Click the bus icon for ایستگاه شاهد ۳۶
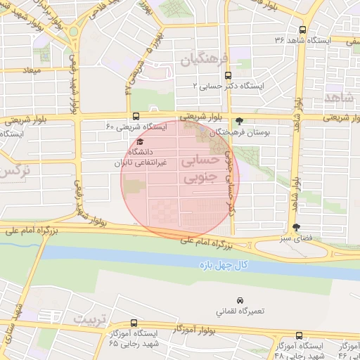click(x=302, y=30)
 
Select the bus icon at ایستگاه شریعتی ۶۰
click(x=135, y=116)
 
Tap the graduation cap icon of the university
click(x=140, y=141)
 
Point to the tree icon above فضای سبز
click(x=295, y=227)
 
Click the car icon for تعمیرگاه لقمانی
click(x=240, y=300)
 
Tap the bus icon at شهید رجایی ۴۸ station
click(x=300, y=335)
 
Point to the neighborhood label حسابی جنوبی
click(x=201, y=169)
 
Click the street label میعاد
click(x=33, y=71)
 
